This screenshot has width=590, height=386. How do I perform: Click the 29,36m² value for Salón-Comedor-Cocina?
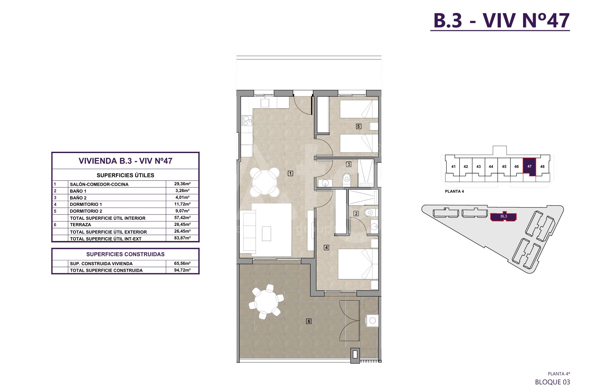pos(182,184)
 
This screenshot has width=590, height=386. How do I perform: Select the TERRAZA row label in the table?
pos(80,225)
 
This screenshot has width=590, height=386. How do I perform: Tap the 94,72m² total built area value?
pos(182,270)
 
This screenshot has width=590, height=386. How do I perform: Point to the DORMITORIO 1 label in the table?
pos(86,204)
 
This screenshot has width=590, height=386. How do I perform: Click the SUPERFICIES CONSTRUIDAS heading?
pos(126,254)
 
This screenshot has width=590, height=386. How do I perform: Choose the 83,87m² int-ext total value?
pos(182,238)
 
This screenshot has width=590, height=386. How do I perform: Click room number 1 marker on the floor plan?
pos(290,173)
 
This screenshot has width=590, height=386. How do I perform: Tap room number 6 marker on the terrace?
pos(309,321)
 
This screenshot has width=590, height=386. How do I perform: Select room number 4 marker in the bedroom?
pos(326,247)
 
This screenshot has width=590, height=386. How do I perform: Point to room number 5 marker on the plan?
pos(359,126)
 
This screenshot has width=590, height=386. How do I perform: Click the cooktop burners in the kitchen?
pos(247,121)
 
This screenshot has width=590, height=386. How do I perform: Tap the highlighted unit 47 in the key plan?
pos(529,167)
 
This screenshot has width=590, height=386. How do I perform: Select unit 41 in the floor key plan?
pos(453,167)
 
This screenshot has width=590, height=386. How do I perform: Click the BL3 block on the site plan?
pos(504,217)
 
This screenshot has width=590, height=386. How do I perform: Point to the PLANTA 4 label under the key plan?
pos(454,191)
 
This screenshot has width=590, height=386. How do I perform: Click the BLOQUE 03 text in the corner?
pos(552,382)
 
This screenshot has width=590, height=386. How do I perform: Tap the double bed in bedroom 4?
pos(358,264)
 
